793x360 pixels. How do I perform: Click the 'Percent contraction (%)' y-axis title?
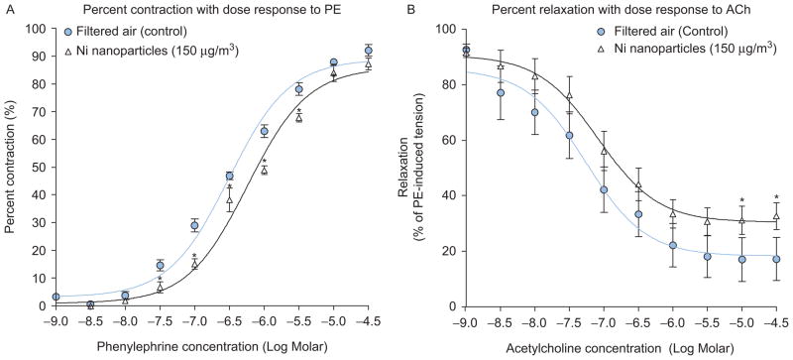click(10, 168)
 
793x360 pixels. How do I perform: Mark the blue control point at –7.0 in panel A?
click(194, 225)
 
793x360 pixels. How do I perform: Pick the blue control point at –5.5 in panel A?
click(298, 89)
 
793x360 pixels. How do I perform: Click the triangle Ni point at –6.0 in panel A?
click(264, 170)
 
